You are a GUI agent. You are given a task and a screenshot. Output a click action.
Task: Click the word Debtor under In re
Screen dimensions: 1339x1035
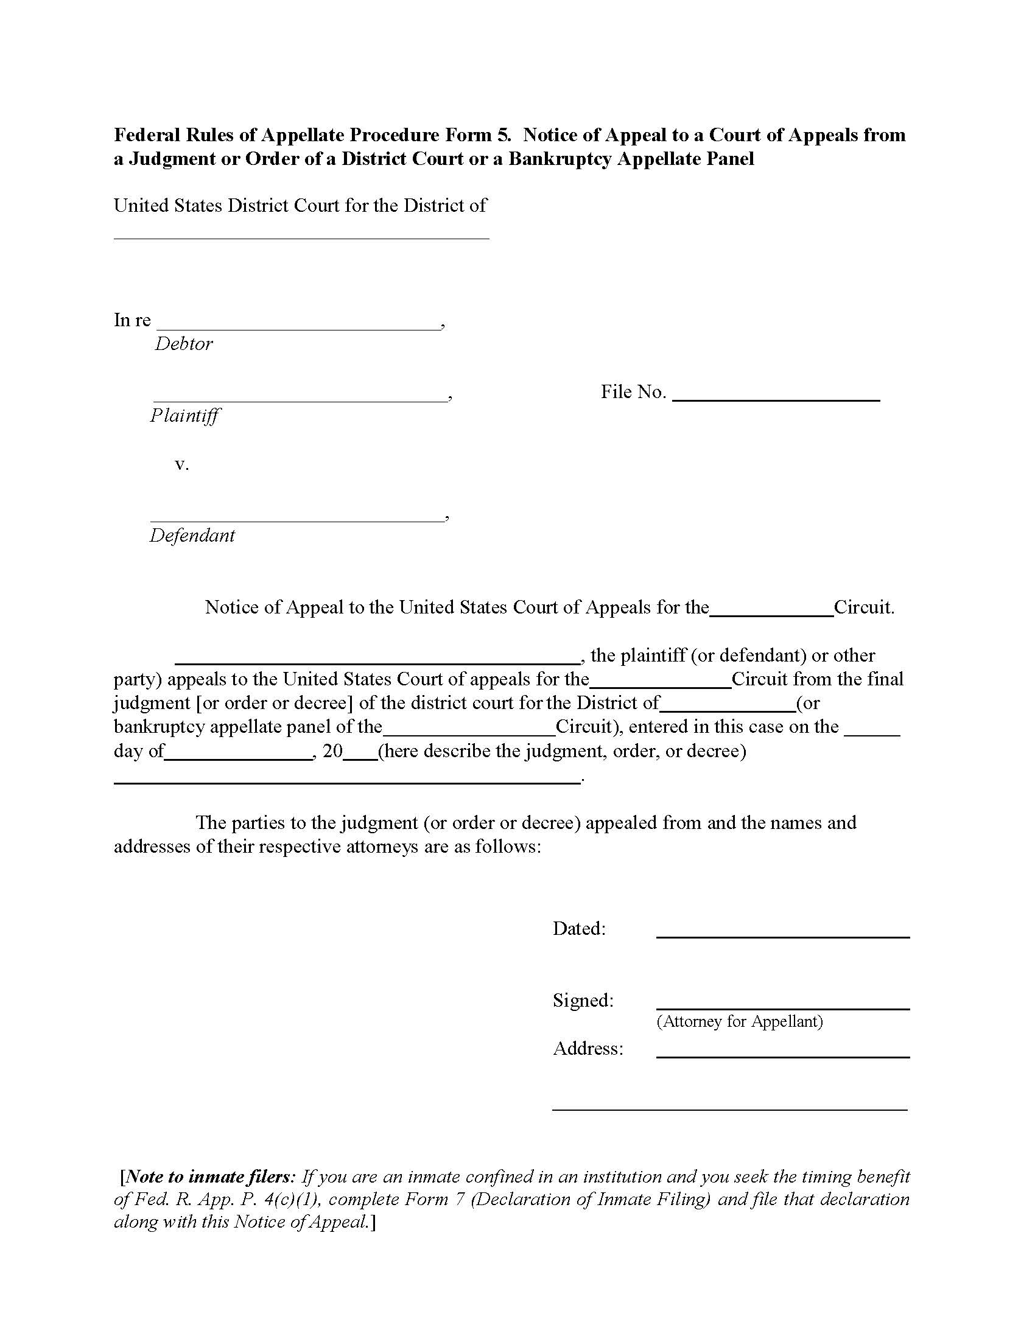pyautogui.click(x=183, y=344)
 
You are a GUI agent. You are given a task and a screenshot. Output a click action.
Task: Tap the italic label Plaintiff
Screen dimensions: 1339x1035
pyautogui.click(x=184, y=416)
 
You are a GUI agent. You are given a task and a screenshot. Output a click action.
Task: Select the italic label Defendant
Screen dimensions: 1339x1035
pyautogui.click(x=192, y=536)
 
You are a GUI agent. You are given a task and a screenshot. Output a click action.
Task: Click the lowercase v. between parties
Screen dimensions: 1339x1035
pyautogui.click(x=181, y=465)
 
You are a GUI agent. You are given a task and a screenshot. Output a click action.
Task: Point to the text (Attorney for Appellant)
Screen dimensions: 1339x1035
pyautogui.click(x=740, y=1021)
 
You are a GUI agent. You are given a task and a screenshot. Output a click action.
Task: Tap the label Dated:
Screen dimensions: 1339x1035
pyautogui.click(x=579, y=929)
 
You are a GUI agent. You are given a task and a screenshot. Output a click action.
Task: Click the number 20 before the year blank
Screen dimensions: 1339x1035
pyautogui.click(x=332, y=752)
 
